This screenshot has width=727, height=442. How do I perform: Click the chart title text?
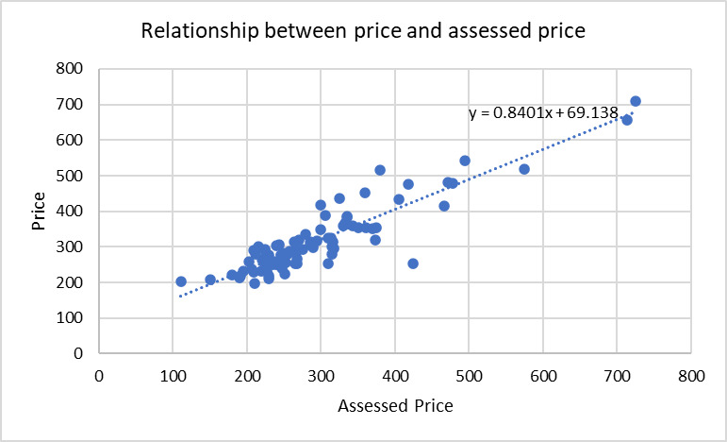tap(363, 31)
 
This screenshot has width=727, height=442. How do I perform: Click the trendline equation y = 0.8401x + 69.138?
tap(543, 113)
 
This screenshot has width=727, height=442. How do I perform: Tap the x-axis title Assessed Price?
tap(395, 406)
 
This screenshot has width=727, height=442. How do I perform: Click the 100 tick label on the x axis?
tap(173, 375)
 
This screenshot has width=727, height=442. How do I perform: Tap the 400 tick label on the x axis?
tap(395, 375)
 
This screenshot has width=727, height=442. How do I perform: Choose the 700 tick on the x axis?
tap(618, 375)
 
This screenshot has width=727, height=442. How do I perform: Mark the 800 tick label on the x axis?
tap(691, 375)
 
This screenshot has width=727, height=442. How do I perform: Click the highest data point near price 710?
tap(636, 101)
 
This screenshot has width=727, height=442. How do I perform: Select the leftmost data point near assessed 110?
tap(181, 281)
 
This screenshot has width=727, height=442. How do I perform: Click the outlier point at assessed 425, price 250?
tap(413, 263)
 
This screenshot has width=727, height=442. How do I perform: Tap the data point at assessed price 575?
tap(524, 169)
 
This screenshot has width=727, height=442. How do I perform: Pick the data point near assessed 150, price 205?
tap(210, 280)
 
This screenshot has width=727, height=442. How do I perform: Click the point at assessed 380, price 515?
tap(380, 170)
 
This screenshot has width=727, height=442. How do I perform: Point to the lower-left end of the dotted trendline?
tap(180, 297)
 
